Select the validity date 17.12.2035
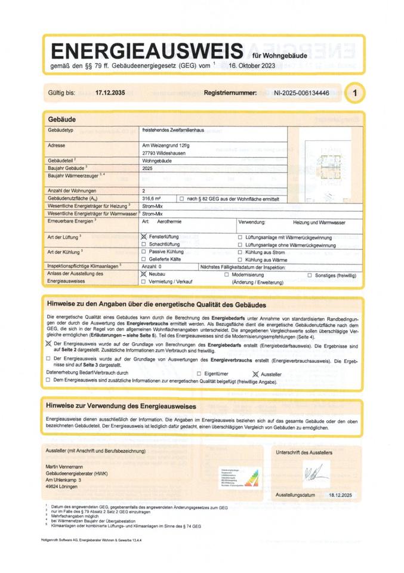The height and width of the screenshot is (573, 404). coord(110,93)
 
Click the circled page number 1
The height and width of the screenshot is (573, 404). coord(356,93)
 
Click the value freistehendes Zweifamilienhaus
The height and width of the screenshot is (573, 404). coord(174,131)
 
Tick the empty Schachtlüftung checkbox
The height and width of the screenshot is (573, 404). coord(143,245)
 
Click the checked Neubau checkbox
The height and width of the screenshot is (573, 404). coord(143,275)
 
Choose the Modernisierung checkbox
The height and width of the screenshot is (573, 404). coord(235,275)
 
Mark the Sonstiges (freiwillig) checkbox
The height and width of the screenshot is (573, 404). coord(310,275)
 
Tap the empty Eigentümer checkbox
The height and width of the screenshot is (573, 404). coord(199,372)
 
